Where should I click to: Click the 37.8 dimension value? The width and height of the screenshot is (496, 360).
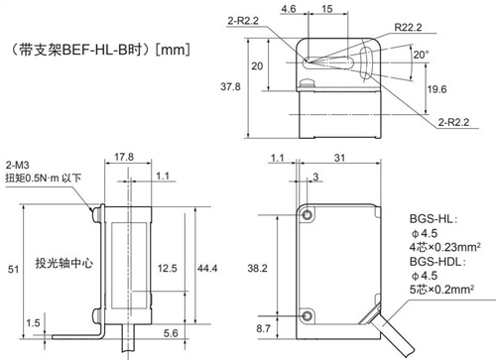click(230, 87)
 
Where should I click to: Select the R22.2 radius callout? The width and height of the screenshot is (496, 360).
click(408, 28)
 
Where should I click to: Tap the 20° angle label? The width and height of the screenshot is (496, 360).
click(422, 55)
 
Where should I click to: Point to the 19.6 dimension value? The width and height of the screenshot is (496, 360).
click(436, 89)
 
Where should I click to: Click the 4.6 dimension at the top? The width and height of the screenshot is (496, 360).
click(289, 9)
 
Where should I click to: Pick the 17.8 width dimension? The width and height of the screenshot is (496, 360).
click(124, 157)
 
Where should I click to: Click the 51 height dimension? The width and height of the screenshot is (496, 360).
click(13, 270)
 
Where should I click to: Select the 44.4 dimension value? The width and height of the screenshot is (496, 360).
click(207, 268)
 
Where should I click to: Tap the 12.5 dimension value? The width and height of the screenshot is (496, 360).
click(167, 268)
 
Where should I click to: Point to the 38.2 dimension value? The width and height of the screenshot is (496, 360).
click(257, 268)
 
